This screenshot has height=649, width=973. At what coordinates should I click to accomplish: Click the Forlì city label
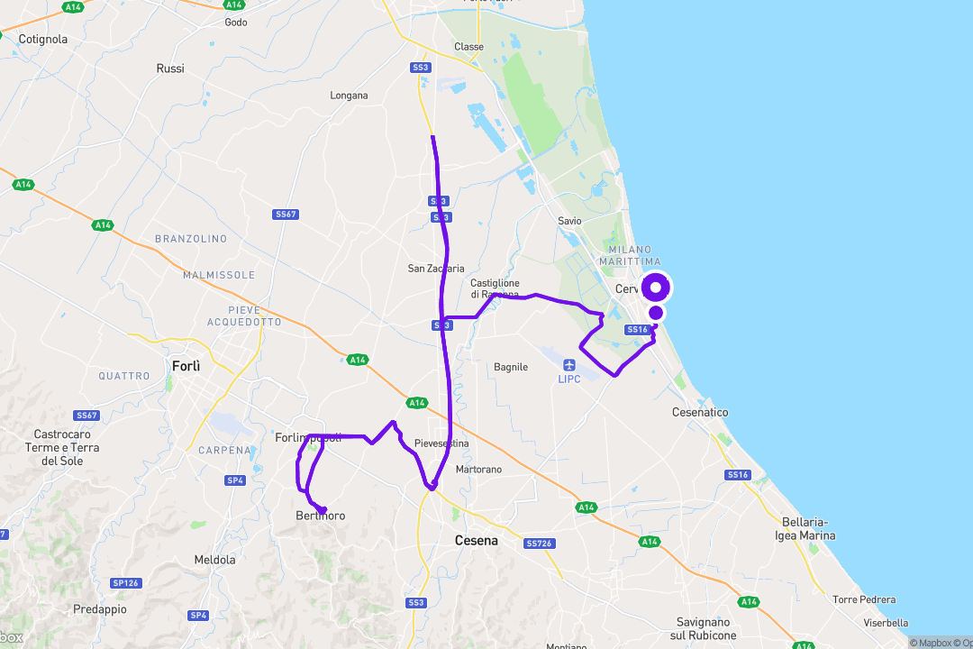point(186,366)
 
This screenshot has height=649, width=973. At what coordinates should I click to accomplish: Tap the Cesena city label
point(476,541)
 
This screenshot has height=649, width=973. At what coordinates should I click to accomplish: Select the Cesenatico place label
point(700,412)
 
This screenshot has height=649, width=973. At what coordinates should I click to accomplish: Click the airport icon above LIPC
point(568,364)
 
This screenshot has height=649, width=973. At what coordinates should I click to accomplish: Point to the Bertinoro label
point(320,516)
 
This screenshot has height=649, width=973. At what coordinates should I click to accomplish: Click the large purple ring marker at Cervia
point(657,288)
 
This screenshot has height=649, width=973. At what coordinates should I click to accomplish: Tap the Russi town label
point(169,69)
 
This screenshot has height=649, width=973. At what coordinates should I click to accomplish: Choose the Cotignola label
point(43,39)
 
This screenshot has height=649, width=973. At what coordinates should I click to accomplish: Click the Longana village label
point(349,96)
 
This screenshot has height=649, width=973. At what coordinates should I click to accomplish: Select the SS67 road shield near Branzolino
point(286,215)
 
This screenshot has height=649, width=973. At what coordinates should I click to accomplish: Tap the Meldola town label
point(214,560)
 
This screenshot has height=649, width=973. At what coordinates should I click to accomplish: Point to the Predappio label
point(100,609)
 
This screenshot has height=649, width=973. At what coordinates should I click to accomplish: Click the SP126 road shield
point(125,583)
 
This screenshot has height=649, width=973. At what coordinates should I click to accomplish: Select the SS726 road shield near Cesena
point(538,544)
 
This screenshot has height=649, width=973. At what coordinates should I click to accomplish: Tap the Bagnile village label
point(511,367)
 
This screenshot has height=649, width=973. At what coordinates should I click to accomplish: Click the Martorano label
point(478,470)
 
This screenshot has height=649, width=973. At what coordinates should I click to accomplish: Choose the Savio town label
point(569,221)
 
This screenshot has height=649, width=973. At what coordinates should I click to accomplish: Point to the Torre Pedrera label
point(864,599)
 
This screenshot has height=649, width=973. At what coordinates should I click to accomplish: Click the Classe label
point(468,47)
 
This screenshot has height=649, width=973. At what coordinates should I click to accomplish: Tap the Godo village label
point(235,23)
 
